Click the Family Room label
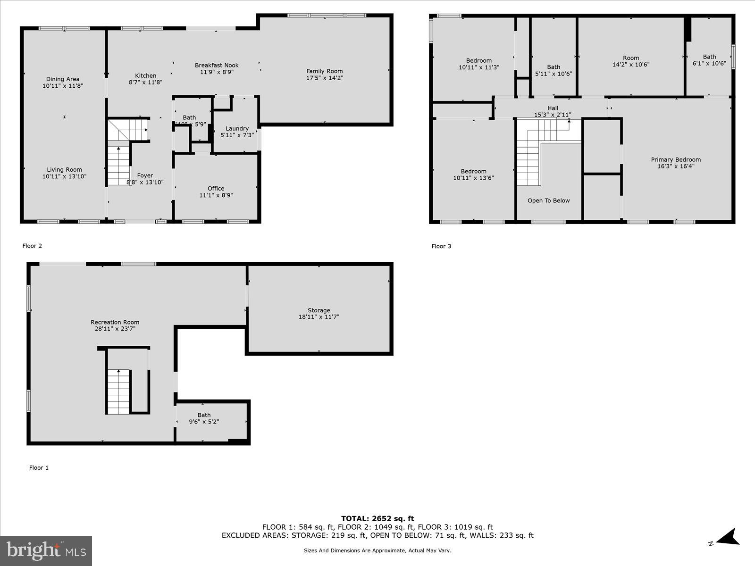tap(325, 72)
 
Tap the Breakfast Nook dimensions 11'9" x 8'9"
tap(217, 72)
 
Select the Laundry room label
tap(237, 128)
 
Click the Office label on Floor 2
tap(216, 188)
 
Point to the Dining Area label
tap(63, 79)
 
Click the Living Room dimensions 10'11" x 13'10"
tap(64, 176)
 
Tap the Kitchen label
tap(145, 75)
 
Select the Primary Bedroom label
tap(676, 159)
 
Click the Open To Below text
tap(548, 200)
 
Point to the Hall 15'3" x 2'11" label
tap(553, 111)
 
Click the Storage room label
tap(319, 310)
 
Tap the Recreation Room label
tap(115, 322)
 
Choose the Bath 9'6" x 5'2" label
tap(204, 418)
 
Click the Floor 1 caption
tap(39, 468)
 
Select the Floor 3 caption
tap(441, 246)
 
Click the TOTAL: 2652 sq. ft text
tap(377, 518)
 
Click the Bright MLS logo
tap(46, 550)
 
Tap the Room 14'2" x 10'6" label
tap(631, 61)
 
